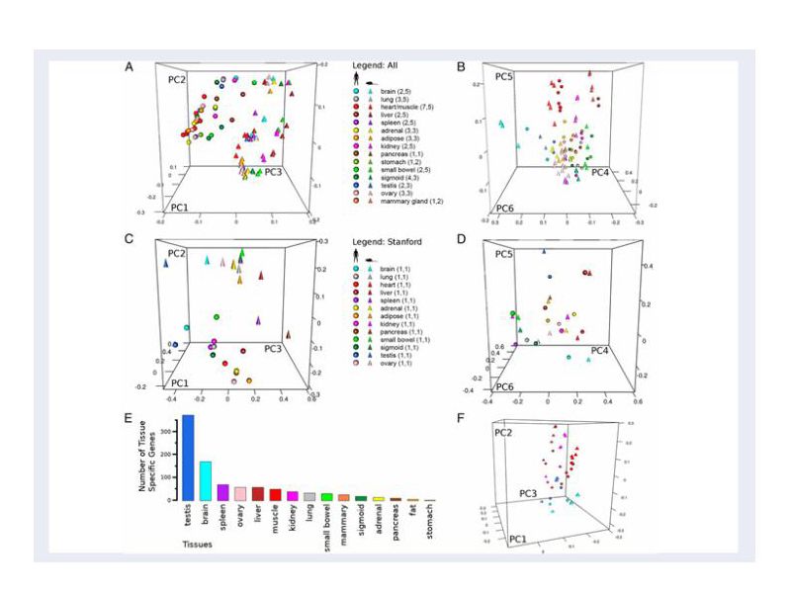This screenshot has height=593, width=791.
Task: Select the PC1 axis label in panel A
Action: click(x=182, y=208)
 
